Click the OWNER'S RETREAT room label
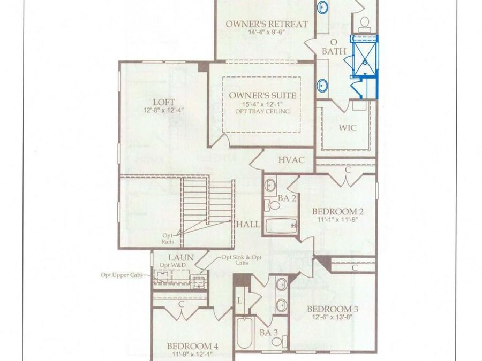tap(266, 24)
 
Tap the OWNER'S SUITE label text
tap(262, 95)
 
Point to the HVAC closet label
tap(291, 160)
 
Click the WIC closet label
tap(348, 128)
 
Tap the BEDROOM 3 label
tap(332, 309)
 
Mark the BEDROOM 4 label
tap(192, 345)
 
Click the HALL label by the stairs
tap(247, 224)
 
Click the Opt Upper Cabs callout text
tap(122, 275)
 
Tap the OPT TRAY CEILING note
tap(262, 111)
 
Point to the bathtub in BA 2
tap(280, 225)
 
